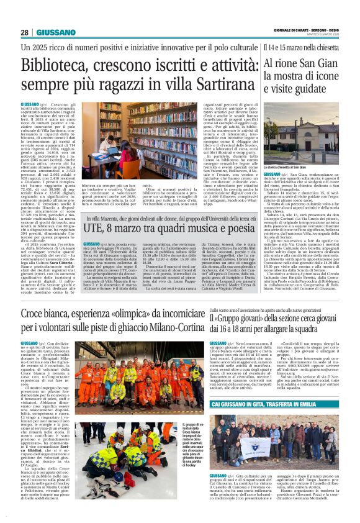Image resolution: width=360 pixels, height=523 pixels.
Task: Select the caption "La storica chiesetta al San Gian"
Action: [290, 184]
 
